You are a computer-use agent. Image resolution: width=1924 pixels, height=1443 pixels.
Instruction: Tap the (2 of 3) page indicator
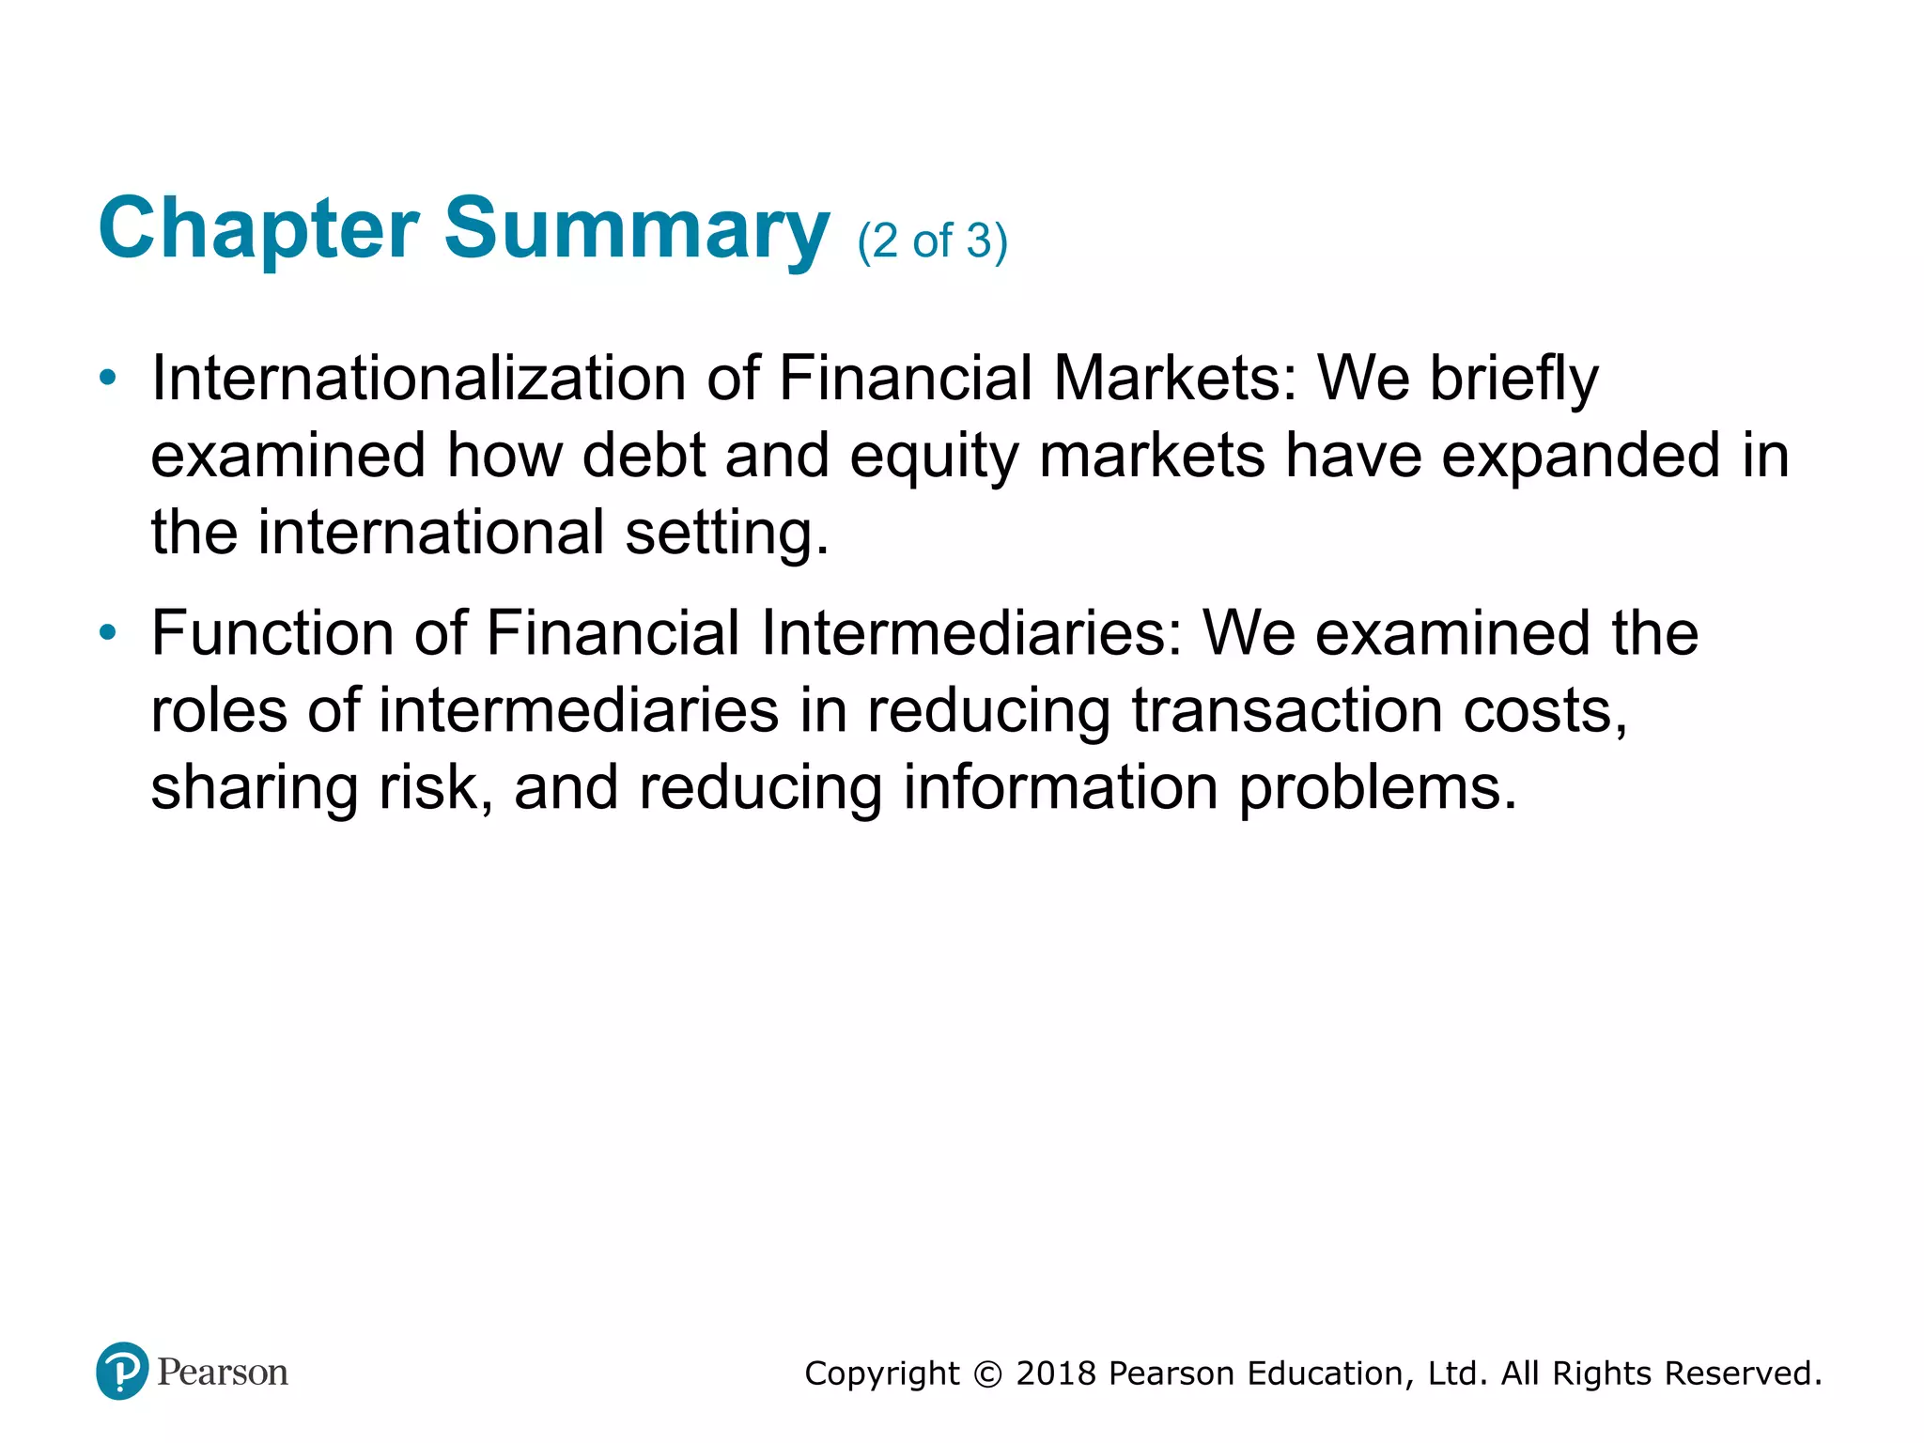[x=932, y=241]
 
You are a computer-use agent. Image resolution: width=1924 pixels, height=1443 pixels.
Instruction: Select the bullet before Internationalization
[x=108, y=379]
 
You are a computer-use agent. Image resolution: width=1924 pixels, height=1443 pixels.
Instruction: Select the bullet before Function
[x=108, y=633]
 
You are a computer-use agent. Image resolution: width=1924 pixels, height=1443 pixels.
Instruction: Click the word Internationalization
[x=418, y=379]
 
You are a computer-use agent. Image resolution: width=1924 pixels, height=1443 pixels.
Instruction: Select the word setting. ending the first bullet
[x=727, y=534]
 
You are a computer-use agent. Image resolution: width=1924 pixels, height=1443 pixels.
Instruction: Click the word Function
[x=272, y=633]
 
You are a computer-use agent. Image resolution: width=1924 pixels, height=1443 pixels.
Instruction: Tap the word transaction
[x=1286, y=710]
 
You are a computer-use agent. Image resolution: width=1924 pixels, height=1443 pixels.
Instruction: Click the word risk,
[x=435, y=787]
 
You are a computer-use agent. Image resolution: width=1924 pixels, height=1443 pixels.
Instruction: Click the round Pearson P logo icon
[x=122, y=1371]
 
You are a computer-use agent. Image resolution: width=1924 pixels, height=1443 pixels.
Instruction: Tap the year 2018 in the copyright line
[x=1056, y=1373]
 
